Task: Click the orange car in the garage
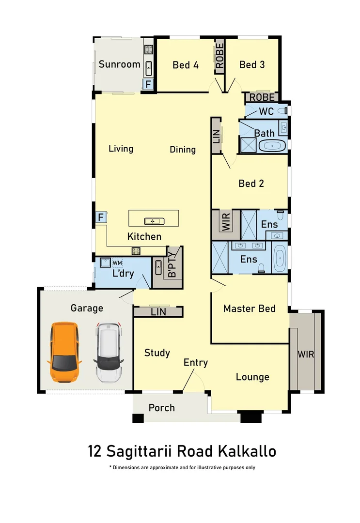(x=64, y=352)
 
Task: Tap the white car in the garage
(x=110, y=352)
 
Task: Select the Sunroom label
(x=119, y=64)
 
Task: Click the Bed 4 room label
(x=186, y=65)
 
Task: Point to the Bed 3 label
(x=252, y=64)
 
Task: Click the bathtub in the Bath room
(x=272, y=146)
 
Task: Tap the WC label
(x=266, y=111)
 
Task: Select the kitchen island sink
(x=154, y=221)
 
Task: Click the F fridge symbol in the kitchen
(x=101, y=217)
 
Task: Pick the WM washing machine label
(x=117, y=263)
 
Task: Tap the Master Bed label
(x=249, y=308)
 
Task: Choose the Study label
(x=157, y=353)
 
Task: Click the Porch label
(x=161, y=408)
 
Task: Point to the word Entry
(x=195, y=362)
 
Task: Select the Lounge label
(x=252, y=377)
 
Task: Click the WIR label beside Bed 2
(x=226, y=222)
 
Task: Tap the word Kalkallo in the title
(x=247, y=451)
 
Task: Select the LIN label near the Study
(x=158, y=312)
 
